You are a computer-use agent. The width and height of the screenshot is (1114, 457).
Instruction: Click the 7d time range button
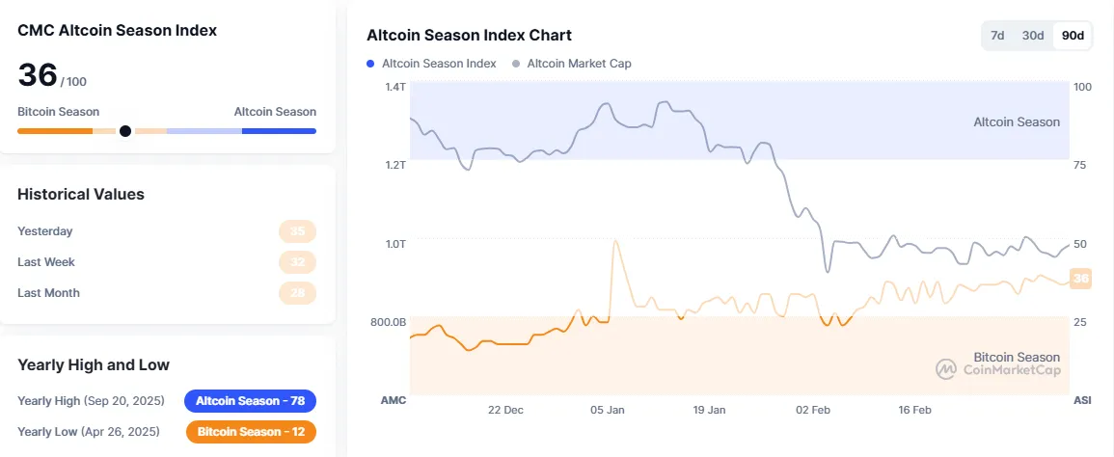[x=998, y=36]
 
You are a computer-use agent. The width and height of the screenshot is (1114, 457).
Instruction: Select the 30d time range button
[x=1033, y=36]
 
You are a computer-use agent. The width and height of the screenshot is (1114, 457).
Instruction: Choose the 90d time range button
[x=1073, y=36]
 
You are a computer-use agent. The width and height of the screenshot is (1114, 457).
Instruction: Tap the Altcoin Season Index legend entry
[x=432, y=64]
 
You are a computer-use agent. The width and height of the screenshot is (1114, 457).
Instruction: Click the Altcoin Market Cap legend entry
[x=572, y=64]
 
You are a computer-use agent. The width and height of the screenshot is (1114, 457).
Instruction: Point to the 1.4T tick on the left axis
[x=395, y=87]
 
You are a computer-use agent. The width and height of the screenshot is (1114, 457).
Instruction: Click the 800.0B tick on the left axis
[x=389, y=321]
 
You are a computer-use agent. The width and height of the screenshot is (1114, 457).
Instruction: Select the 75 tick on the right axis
[x=1081, y=165]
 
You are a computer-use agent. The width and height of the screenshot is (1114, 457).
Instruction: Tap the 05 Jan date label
[x=608, y=410]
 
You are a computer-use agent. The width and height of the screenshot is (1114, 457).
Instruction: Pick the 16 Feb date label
[x=914, y=410]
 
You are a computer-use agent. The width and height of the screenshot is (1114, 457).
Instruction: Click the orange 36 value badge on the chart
[x=1080, y=279]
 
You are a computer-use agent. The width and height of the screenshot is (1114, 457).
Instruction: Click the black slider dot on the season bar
[x=124, y=131]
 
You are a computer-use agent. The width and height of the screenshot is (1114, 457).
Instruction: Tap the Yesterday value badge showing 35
[x=297, y=231]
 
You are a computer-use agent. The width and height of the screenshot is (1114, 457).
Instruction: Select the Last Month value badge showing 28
[x=297, y=293]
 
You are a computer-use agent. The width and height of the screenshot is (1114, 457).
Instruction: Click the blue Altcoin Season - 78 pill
[x=250, y=401]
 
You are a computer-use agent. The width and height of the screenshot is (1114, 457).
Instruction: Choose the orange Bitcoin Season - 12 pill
[x=251, y=432]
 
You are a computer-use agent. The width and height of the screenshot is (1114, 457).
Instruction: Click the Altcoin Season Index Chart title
[x=469, y=36]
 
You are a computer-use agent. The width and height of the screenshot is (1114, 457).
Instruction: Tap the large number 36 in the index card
[x=38, y=76]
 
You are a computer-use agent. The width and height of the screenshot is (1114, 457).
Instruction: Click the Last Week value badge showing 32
[x=297, y=262]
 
